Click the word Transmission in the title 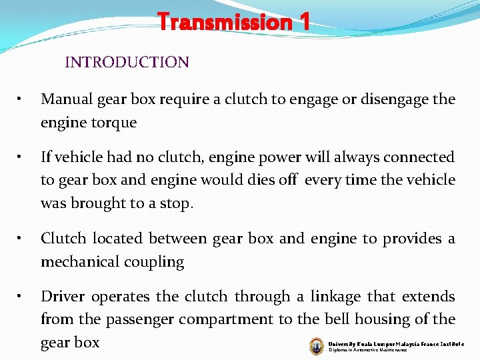223,23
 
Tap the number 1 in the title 304,23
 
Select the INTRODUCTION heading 127,63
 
